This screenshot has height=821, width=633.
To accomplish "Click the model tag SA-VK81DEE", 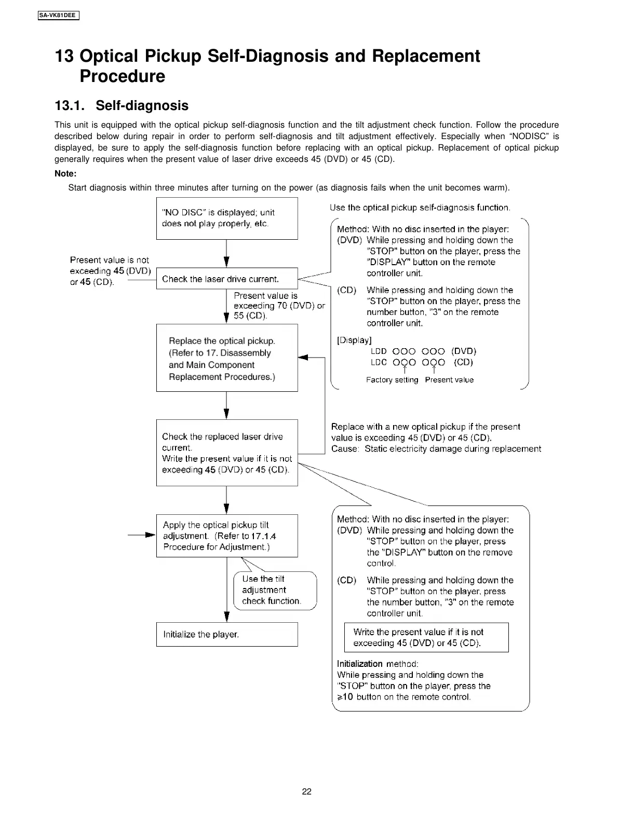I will pos(58,15).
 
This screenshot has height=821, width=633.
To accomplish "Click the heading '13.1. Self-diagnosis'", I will pos(122,105).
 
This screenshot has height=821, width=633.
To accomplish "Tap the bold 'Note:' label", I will pos(65,174).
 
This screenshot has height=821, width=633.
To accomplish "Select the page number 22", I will pos(307,791).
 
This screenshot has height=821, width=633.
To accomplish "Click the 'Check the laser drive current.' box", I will pos(227,279).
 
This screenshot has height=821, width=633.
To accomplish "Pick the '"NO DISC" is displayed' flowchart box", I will pos(227,218).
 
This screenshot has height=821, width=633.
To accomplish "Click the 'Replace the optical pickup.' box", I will pos(227,358).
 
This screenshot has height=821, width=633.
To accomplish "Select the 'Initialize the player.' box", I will pos(227,634).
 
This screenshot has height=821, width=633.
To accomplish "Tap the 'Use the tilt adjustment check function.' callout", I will pos(275,590).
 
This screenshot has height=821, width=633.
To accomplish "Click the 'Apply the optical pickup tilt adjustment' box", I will pos(227,536).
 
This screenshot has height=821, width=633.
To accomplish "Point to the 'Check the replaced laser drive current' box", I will pos(227,453).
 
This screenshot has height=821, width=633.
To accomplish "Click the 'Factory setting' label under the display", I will pos(392,380).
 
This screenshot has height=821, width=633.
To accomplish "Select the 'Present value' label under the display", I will pos(449,380).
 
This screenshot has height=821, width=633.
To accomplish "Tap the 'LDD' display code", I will pos(379,351).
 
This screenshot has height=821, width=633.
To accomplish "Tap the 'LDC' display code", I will pos(379,362).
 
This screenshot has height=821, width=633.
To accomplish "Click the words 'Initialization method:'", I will pos(378,664).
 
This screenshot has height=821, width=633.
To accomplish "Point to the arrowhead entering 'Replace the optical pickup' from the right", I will pos(303,358).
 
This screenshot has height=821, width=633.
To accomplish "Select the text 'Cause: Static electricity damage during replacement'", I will pos(436,449).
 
